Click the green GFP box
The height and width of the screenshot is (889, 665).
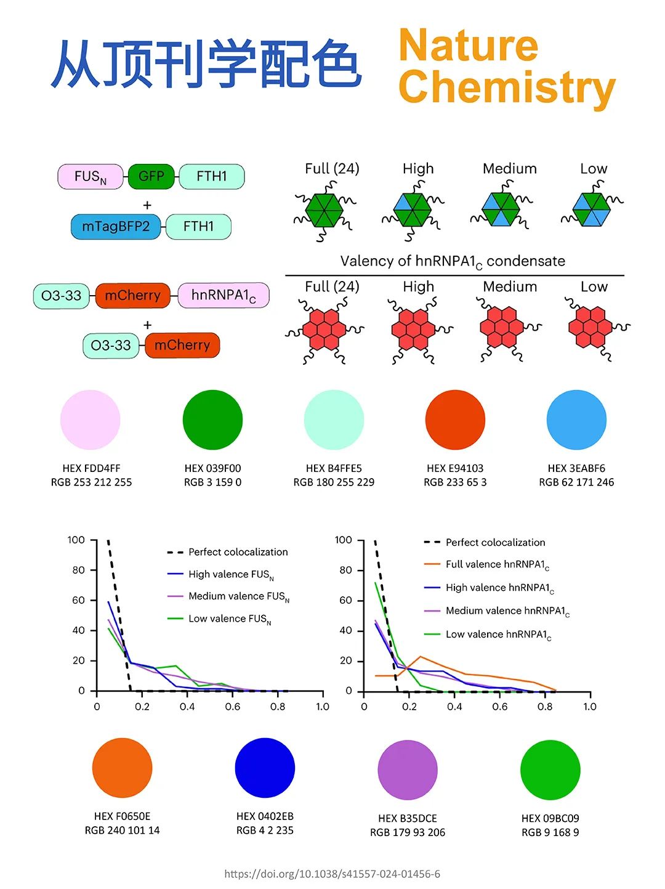coord(151,176)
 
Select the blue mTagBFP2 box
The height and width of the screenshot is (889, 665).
coord(116,227)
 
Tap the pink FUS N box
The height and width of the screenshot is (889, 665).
coord(91,177)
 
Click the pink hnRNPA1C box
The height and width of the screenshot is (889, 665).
coord(223,296)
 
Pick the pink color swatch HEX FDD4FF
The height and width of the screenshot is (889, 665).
coord(91,420)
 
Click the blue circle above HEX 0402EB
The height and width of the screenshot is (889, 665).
coord(265,768)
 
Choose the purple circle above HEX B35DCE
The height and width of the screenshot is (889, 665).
coord(408,770)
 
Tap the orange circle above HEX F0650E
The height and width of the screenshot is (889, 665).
coord(122,768)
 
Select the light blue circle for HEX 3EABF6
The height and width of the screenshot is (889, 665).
coord(576,420)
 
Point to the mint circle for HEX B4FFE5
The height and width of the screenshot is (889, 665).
coord(334,420)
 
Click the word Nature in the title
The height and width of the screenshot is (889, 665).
coord(469,46)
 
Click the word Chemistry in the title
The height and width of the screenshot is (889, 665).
coord(507,87)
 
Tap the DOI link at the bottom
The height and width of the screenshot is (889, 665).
coord(332,874)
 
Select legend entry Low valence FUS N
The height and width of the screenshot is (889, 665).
coord(230,619)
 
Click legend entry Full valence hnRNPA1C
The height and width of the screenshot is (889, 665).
coord(497,564)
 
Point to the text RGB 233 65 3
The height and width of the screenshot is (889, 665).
coord(455,482)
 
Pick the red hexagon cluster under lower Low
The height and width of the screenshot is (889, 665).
coord(590,326)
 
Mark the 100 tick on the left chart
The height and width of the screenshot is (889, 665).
coord(76,540)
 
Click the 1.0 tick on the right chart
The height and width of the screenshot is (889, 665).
coord(590,707)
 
